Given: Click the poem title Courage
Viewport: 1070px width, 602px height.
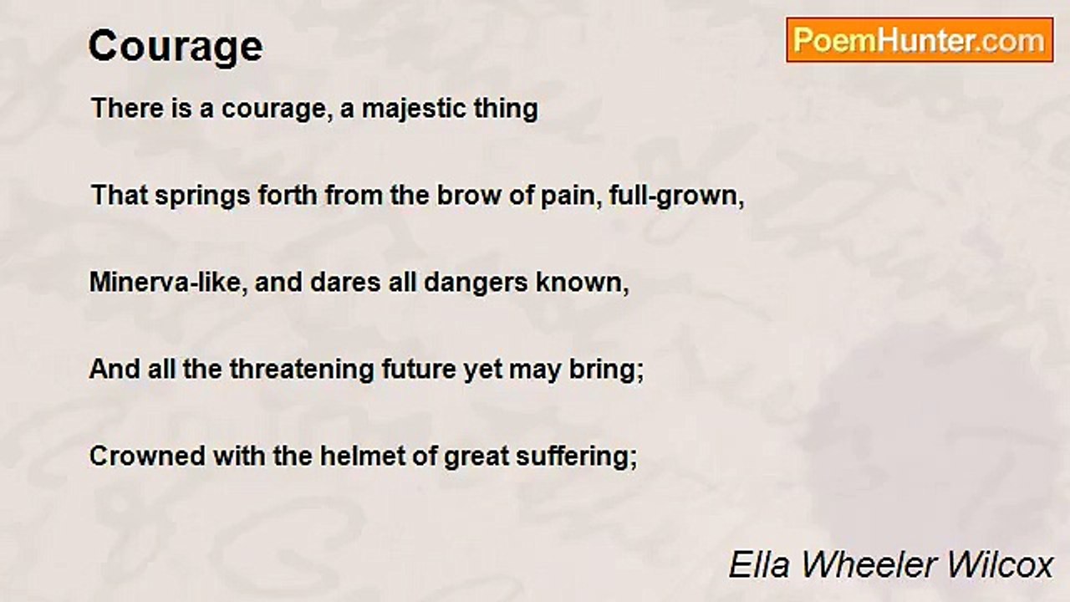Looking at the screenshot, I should coord(176,47).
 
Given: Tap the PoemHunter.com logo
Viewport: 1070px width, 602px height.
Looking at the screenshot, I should coord(920,40).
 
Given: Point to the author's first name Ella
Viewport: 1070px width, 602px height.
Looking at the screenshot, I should coord(756,565).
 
